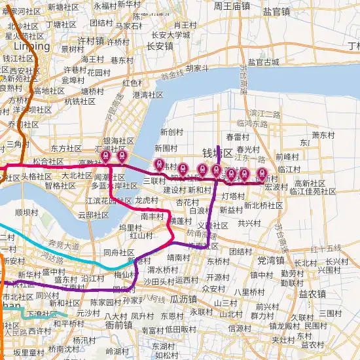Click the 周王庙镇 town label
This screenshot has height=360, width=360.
click(232, 6)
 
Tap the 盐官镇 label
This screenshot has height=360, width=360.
click(276, 11)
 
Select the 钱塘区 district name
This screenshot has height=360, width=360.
click(217, 154)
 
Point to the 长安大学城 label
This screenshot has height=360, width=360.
click(170, 35)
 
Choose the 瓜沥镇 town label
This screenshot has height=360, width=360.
click(183, 298)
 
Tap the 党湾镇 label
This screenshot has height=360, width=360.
click(271, 260)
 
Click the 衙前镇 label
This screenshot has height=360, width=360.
click(119, 323)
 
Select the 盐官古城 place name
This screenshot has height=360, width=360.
click(263, 63)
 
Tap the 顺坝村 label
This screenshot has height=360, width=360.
click(26, 212)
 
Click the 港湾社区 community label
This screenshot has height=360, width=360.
click(147, 95)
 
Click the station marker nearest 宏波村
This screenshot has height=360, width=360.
click(262, 174)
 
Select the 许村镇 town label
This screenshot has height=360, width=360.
click(91, 41)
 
